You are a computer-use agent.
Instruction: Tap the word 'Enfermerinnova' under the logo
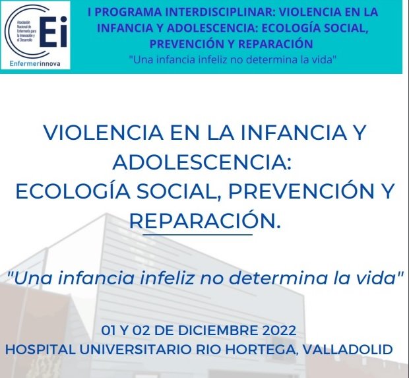(x=39, y=64)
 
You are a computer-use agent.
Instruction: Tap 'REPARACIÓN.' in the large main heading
(x=204, y=220)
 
